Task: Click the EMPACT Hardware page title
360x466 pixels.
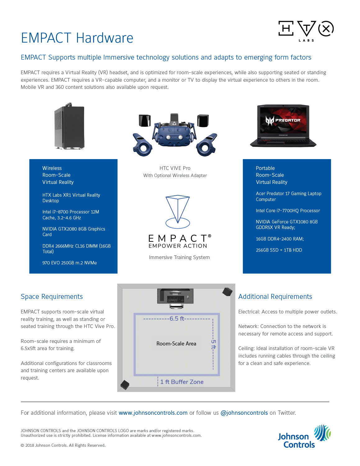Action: tap(77, 38)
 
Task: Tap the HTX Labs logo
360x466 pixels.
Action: tap(306, 30)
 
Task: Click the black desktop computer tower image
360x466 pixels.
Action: tap(69, 127)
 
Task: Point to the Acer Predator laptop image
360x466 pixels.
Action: tap(283, 126)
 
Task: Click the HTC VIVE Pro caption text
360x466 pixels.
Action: tap(175, 168)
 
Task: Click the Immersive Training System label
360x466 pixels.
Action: tap(179, 257)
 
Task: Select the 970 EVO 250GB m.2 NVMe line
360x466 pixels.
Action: tap(70, 263)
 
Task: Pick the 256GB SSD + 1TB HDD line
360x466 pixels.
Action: tap(279, 250)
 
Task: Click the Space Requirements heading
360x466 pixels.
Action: tap(52, 297)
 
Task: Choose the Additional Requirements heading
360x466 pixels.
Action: tap(275, 297)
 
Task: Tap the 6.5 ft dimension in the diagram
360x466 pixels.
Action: tap(177, 318)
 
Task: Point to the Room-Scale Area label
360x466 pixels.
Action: tap(176, 344)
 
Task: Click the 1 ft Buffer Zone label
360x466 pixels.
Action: tap(182, 382)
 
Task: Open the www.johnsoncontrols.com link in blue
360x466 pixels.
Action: tap(153, 413)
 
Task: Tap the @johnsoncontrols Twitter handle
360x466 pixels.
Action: tap(244, 413)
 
